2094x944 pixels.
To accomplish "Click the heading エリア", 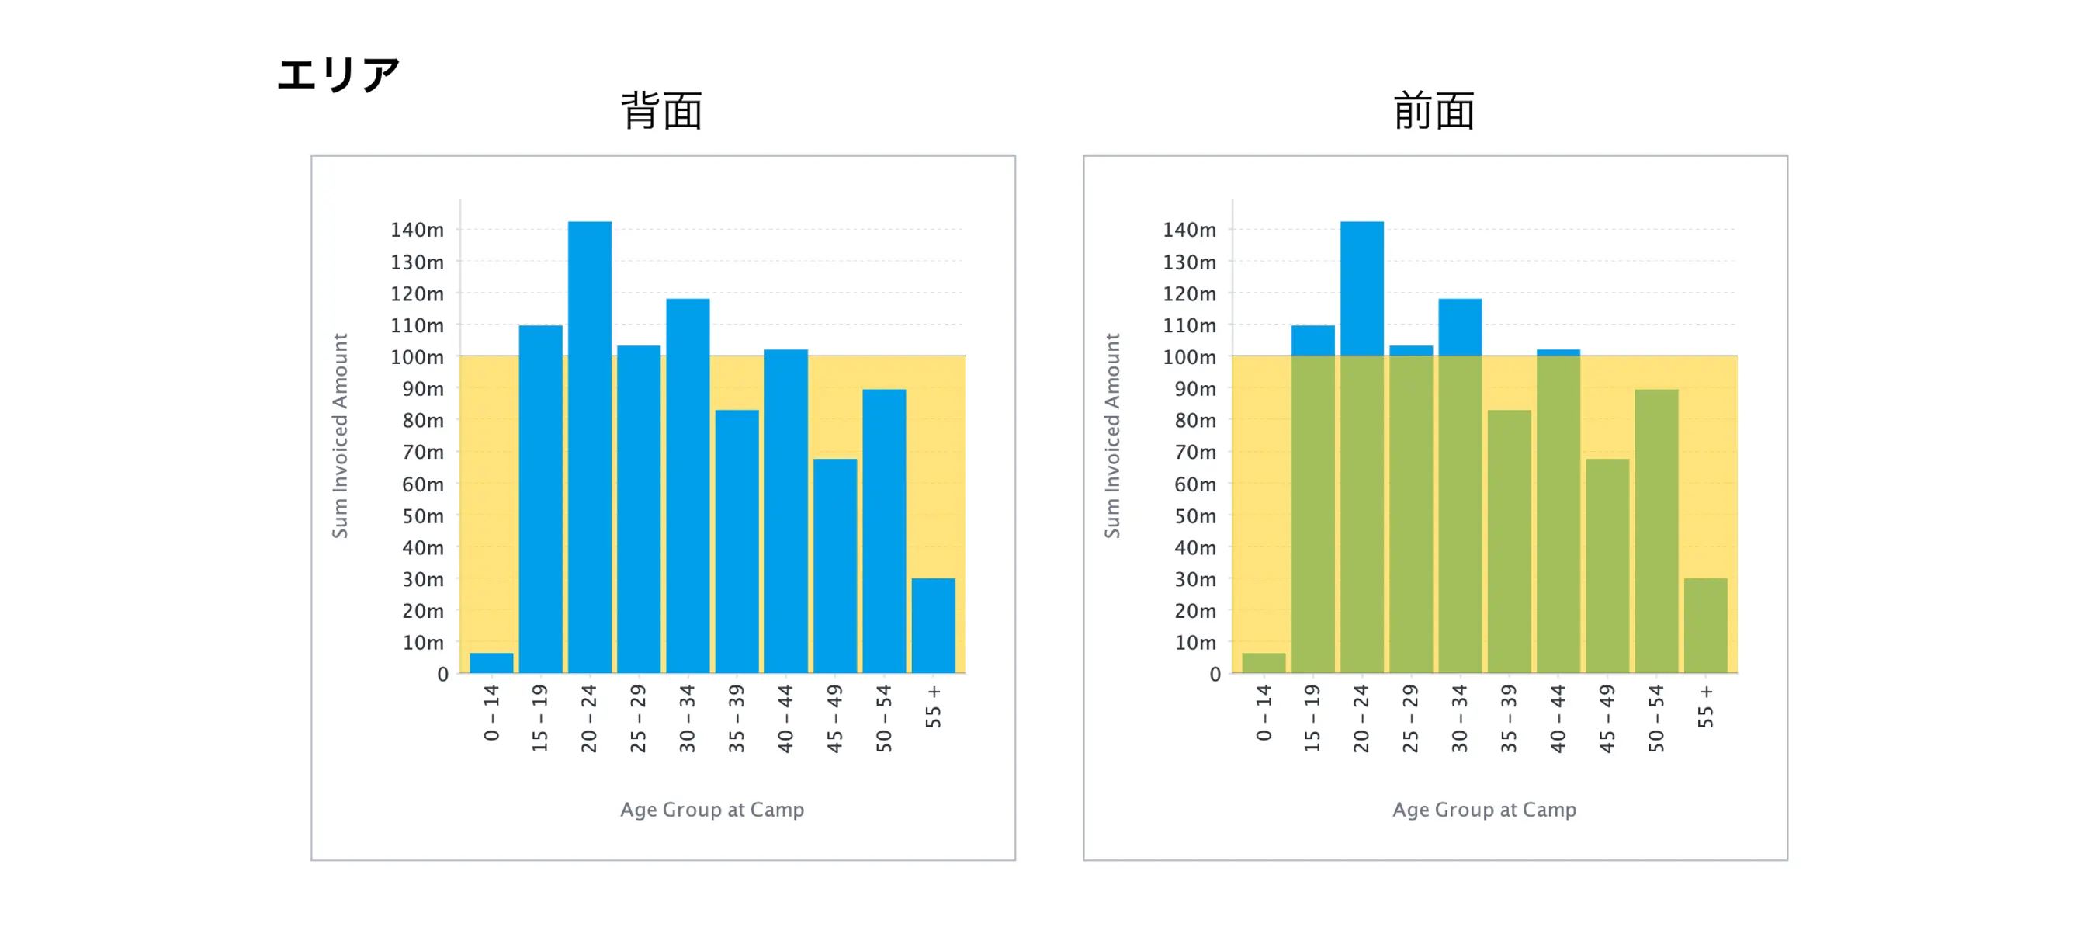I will (338, 75).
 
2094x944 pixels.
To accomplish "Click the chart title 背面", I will (662, 111).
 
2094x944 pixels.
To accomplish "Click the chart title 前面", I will (1434, 111).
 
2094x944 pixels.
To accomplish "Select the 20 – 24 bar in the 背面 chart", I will (589, 447).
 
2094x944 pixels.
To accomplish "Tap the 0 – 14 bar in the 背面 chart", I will (491, 663).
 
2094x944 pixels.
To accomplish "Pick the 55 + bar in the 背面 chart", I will (932, 625).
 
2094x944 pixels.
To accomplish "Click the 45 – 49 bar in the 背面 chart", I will (835, 566).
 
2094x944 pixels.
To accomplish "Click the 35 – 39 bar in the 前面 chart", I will (1509, 542).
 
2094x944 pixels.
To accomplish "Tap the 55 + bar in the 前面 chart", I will (1704, 625).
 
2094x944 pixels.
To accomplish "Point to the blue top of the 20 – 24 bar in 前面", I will (1361, 289).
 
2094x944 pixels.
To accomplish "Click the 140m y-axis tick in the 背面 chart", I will (417, 230).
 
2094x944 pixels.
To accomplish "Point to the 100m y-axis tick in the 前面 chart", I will (1189, 357).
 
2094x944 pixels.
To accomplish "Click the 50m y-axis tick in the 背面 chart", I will (423, 516).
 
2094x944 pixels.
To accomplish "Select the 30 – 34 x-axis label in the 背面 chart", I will (688, 718).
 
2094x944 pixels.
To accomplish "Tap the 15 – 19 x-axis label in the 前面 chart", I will (1312, 718).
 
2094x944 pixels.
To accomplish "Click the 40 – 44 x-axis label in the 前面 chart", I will (1558, 718).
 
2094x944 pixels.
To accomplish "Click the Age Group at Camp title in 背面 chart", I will (712, 810).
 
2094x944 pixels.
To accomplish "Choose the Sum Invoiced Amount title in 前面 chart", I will (1111, 435).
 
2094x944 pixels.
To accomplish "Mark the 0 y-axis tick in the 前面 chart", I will (1215, 674).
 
